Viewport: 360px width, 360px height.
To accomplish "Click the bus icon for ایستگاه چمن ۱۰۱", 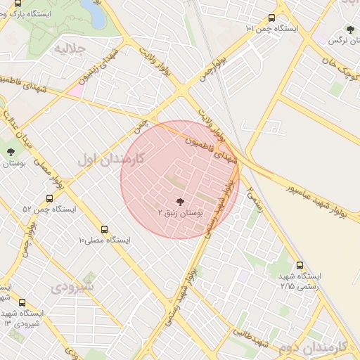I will coord(272,19).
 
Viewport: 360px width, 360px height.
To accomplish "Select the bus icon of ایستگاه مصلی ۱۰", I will coord(104,229).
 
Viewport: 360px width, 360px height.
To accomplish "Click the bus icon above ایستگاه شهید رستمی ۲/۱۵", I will coord(300,266).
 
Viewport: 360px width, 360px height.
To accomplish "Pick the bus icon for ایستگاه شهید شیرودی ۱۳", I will coord(22,302).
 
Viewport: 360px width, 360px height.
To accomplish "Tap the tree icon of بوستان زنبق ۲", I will coord(180,202).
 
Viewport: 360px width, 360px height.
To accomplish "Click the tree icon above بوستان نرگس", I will coord(350,30).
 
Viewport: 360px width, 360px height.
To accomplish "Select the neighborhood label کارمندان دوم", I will coord(313,347).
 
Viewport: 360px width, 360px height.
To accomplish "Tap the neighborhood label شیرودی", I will coord(72,287).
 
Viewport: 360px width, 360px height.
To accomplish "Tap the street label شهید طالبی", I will coord(251,339).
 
